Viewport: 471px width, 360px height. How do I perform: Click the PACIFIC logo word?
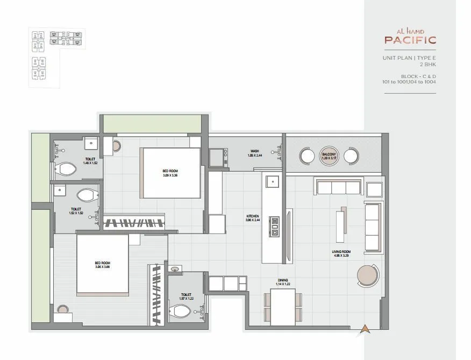[x=410, y=39]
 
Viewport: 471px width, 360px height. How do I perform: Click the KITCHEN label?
[x=253, y=218]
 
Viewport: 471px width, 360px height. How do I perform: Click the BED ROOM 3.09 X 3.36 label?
[x=170, y=173]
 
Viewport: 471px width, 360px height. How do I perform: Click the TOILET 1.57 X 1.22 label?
[x=187, y=297]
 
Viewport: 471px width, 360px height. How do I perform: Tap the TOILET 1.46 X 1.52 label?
[x=91, y=160]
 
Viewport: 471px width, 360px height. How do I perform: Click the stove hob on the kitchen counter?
[x=275, y=226]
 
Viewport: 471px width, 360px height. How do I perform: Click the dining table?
[x=283, y=306]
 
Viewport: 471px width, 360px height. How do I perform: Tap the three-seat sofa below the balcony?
[x=338, y=187]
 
